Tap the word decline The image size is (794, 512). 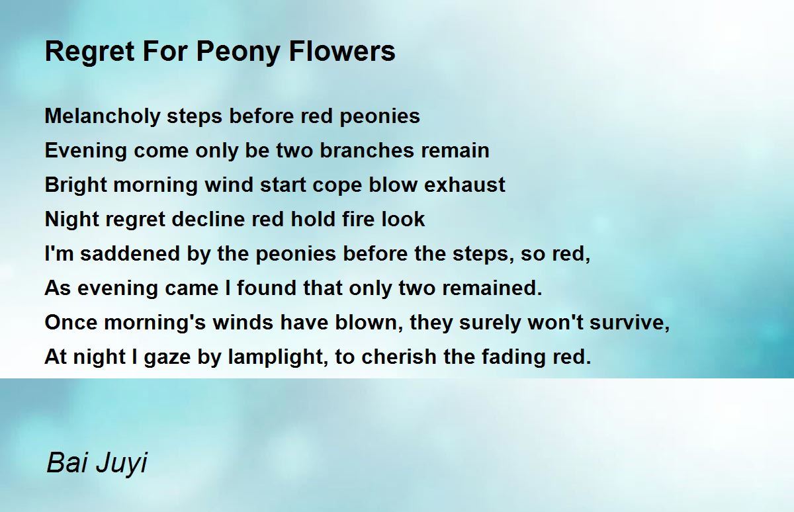click(x=208, y=220)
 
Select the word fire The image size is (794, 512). click(x=357, y=220)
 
